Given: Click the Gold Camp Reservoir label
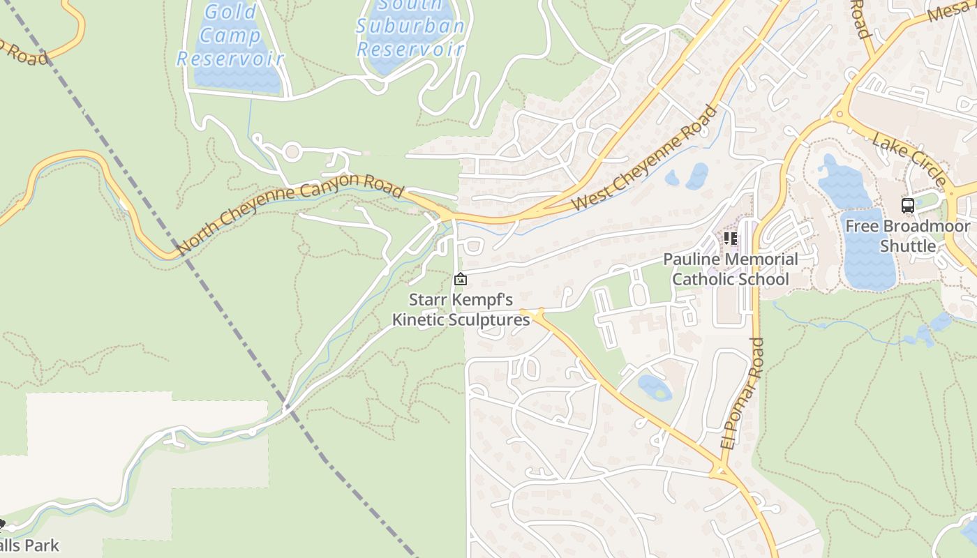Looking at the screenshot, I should (x=230, y=35).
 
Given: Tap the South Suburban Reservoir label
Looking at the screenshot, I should (x=410, y=28).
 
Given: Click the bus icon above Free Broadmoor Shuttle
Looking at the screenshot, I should (x=907, y=206).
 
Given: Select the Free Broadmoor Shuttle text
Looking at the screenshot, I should (x=907, y=236).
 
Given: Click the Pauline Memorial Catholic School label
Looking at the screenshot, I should (x=730, y=269).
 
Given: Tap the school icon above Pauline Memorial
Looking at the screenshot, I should (x=731, y=239).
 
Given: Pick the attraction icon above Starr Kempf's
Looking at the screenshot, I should (x=460, y=280).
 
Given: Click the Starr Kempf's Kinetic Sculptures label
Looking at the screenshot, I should (x=461, y=310).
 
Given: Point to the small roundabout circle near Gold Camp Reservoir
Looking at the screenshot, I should (x=292, y=151).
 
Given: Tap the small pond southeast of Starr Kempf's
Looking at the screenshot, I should (x=654, y=387).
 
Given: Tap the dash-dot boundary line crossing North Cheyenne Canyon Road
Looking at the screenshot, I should (x=184, y=252).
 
